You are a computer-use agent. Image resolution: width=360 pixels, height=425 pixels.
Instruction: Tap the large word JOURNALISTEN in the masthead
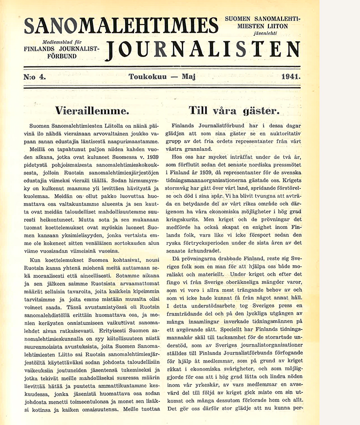[203, 48]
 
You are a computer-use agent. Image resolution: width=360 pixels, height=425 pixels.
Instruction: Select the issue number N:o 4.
[35, 77]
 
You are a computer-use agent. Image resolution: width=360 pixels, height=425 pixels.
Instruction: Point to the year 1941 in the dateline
[290, 77]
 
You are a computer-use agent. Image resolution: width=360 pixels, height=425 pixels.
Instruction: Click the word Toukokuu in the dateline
[147, 77]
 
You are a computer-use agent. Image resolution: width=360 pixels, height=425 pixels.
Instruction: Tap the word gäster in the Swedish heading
[259, 110]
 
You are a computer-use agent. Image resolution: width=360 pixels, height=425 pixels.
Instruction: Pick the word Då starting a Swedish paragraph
[176, 259]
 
